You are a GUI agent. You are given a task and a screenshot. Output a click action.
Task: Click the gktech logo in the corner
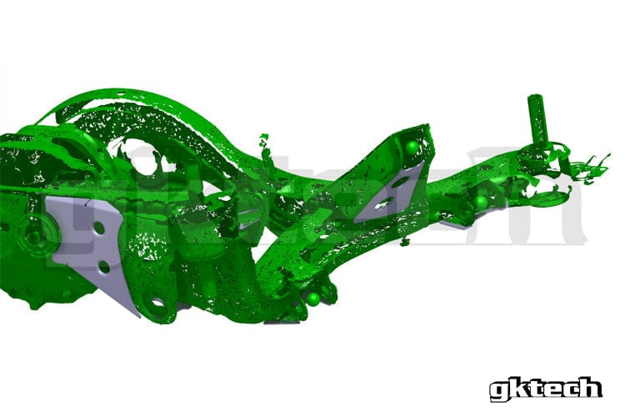click(545, 388)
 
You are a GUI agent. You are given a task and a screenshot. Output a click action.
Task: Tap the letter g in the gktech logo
click(498, 389)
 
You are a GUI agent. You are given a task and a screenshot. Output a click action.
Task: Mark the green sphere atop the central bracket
click(412, 148)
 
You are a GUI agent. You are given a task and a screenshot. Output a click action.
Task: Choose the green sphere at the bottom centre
click(313, 298)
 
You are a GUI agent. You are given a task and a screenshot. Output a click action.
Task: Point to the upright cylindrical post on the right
click(535, 121)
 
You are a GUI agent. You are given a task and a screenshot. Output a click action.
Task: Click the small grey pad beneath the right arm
click(455, 222)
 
